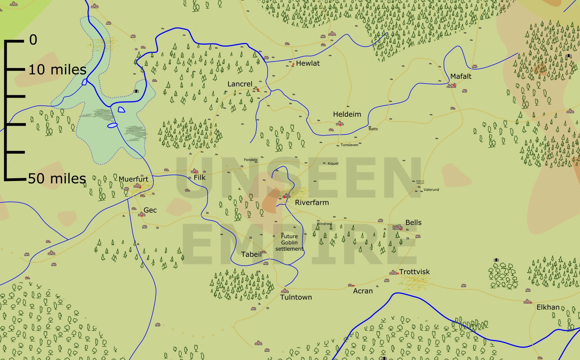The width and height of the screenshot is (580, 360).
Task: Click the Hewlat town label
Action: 308,63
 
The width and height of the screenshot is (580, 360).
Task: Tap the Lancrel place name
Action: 240,84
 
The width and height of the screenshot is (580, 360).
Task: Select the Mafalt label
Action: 460,76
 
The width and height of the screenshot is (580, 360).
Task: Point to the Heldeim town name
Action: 347,114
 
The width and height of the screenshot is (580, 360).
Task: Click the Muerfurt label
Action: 133,179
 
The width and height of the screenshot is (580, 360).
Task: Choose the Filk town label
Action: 199,177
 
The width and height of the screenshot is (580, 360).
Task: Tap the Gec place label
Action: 150,210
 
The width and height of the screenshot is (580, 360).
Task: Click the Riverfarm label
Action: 312,203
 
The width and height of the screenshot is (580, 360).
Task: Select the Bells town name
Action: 413,223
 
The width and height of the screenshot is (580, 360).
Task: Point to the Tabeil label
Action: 251,254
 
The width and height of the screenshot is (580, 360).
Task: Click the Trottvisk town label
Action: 414,272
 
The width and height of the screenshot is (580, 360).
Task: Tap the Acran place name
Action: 363,291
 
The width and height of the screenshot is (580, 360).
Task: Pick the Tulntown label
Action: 296,297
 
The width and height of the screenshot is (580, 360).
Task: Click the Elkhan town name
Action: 548,307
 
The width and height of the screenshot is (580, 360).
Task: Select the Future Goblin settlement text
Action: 289,242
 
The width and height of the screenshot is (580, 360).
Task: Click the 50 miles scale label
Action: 57,179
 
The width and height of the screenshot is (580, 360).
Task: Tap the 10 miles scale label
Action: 57,70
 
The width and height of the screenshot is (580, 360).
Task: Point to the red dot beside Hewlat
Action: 293,64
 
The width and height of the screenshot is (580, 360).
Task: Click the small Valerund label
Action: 431,190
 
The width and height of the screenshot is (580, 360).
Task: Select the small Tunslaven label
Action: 349,145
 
